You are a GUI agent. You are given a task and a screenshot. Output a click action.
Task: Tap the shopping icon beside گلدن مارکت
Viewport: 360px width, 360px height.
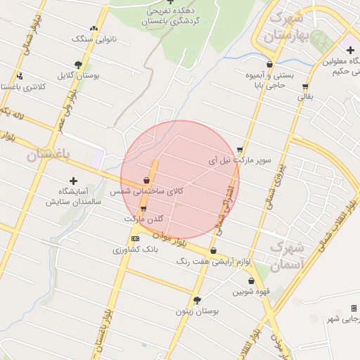[143, 209]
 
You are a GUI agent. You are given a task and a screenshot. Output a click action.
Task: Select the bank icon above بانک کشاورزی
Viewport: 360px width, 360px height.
[135, 239]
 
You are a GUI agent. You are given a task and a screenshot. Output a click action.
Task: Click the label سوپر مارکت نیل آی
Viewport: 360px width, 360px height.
[238, 160]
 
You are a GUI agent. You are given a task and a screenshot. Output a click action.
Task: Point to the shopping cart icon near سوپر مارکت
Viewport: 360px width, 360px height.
[240, 149]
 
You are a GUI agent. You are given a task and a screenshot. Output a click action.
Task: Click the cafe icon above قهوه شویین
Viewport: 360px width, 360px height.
[251, 280]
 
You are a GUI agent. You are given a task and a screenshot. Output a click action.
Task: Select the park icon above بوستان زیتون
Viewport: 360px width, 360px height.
[197, 300]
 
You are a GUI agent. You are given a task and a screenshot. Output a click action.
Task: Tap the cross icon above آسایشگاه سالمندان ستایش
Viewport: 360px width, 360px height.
[73, 181]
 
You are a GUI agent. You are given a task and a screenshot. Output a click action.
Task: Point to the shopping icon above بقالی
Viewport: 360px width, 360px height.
[305, 87]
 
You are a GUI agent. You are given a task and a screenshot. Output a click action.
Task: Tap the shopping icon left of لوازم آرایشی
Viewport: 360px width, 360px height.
[213, 250]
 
